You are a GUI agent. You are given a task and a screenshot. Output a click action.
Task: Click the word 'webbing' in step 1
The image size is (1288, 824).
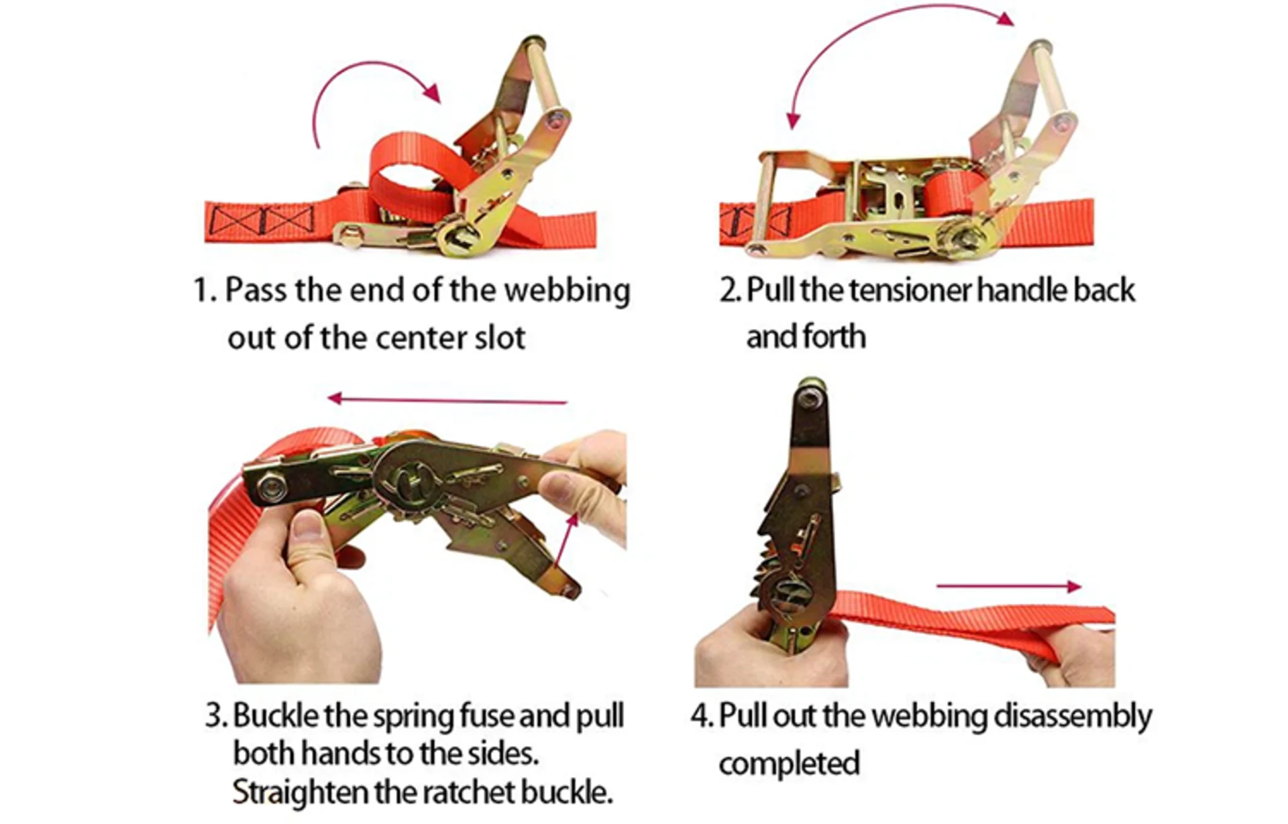pyautogui.click(x=567, y=292)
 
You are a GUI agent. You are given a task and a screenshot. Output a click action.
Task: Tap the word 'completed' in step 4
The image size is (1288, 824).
pyautogui.click(x=789, y=764)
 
